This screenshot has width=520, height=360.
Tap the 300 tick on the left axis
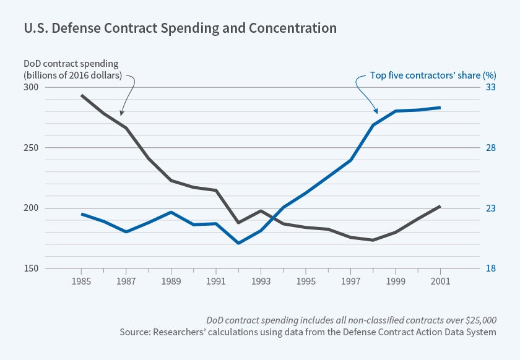click(x=31, y=87)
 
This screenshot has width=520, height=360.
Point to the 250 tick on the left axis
click(x=31, y=148)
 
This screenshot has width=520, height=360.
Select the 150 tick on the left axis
click(x=31, y=268)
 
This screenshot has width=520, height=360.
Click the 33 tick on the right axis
click(x=490, y=87)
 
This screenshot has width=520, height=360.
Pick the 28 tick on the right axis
click(x=490, y=148)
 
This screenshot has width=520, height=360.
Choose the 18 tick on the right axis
click(x=490, y=268)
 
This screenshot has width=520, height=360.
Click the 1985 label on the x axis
click(x=81, y=282)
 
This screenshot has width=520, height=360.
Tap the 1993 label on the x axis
click(x=261, y=282)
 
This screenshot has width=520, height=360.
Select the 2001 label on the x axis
click(x=440, y=282)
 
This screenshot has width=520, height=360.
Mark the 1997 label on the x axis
click(x=350, y=282)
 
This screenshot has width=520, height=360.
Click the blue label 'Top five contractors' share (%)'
click(x=424, y=76)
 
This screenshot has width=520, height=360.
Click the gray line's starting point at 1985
click(x=82, y=95)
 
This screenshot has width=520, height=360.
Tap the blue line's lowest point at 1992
click(x=238, y=243)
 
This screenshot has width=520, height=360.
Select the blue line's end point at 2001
click(x=440, y=108)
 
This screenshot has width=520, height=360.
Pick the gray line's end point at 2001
click(x=440, y=206)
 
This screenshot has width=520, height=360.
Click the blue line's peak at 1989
click(x=171, y=212)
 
